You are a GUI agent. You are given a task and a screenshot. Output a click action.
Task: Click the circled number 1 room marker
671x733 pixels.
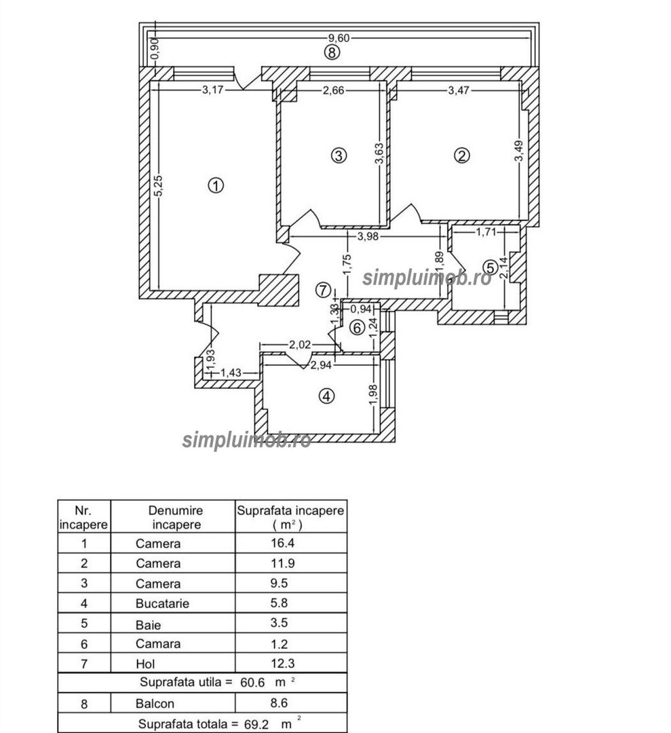(216, 185)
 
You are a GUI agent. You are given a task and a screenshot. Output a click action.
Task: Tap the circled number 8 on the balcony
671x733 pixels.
(332, 52)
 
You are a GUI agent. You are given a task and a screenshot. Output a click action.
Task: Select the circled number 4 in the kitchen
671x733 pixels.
(326, 396)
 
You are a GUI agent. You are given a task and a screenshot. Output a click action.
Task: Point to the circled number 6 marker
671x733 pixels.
(358, 328)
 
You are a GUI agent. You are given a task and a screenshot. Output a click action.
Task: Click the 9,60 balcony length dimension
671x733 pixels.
(339, 38)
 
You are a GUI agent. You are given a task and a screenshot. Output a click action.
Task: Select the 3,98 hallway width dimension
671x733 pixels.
(368, 237)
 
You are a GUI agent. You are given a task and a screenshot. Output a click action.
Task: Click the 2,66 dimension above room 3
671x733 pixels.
(334, 90)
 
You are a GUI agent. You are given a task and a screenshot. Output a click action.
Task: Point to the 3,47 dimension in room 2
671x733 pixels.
(459, 90)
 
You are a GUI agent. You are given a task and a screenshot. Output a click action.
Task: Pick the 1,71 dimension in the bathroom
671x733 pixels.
(486, 231)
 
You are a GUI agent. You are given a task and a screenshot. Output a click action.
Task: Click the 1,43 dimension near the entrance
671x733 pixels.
(231, 373)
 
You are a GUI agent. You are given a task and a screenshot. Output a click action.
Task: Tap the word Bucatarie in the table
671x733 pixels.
(162, 603)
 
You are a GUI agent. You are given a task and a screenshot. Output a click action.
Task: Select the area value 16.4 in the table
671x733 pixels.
(283, 543)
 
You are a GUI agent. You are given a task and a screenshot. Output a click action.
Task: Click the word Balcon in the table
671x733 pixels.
(155, 704)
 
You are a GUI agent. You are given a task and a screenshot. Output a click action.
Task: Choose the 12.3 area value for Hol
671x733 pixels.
(283, 663)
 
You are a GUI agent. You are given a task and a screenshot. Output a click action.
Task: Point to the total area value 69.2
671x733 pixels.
(256, 725)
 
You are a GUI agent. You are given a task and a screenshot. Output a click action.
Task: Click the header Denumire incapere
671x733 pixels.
(176, 517)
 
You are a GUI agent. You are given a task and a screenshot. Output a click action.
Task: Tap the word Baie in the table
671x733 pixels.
(148, 625)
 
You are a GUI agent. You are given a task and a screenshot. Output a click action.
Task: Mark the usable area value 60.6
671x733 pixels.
(252, 683)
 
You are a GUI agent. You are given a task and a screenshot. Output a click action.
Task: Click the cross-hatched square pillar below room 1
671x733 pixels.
(279, 290)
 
